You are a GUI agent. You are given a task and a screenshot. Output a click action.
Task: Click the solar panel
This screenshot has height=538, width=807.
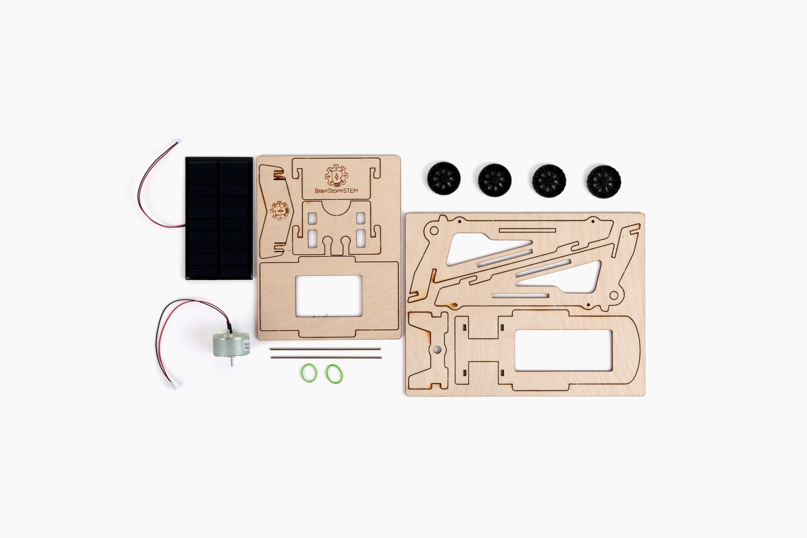[x=219, y=218]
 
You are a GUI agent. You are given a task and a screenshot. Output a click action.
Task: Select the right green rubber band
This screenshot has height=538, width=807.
[x=335, y=373]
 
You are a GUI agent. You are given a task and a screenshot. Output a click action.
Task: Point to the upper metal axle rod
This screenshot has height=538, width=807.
[x=325, y=349]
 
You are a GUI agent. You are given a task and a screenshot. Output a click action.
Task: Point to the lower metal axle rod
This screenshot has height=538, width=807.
[x=325, y=357]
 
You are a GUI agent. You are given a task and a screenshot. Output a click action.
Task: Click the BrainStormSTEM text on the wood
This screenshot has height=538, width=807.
[x=336, y=190]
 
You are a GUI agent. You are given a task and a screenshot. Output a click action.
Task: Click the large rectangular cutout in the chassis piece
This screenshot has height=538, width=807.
[x=563, y=350]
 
